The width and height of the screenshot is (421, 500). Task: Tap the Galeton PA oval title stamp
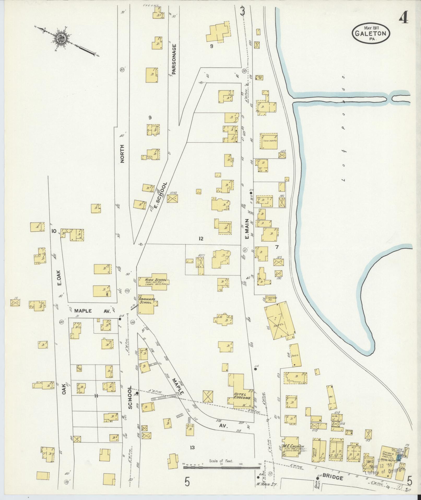[372, 32]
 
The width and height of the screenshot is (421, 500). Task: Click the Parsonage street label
[174, 59]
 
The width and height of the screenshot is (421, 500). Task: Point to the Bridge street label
[332, 478]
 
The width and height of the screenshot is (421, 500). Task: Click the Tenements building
[268, 141]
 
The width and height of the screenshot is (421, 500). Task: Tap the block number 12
[200, 238]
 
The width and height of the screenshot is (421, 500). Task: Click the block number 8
[212, 47]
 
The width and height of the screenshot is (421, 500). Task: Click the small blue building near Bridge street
[399, 457]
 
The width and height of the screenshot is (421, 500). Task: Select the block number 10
[54, 231]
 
